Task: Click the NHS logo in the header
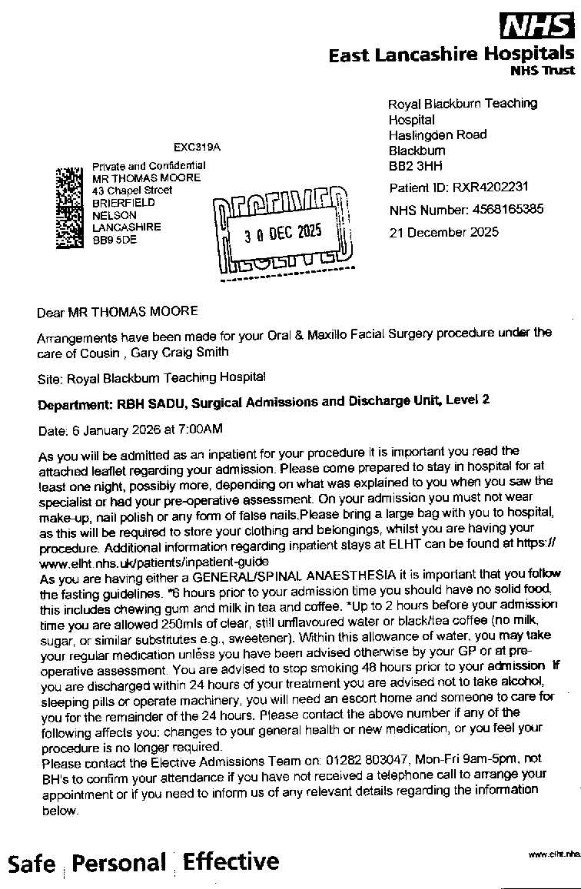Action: pyautogui.click(x=536, y=26)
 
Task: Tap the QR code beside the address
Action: pyautogui.click(x=69, y=208)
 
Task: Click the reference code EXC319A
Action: pyautogui.click(x=197, y=146)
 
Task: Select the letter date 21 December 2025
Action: pyautogui.click(x=443, y=231)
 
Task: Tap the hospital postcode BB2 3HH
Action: pyautogui.click(x=415, y=166)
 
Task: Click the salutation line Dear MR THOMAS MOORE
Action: pyautogui.click(x=118, y=311)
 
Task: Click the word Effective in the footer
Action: pyautogui.click(x=231, y=861)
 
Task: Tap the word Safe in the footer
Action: pyautogui.click(x=32, y=864)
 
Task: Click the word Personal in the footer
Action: pyautogui.click(x=119, y=863)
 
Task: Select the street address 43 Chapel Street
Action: pyautogui.click(x=132, y=190)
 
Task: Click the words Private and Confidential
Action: pyautogui.click(x=148, y=165)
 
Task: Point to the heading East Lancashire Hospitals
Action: pyautogui.click(x=450, y=55)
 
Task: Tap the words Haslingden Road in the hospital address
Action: pyautogui.click(x=437, y=134)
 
